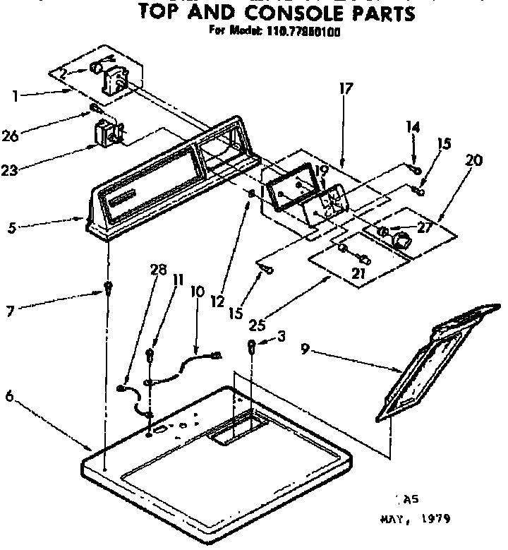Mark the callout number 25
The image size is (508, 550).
click(x=258, y=324)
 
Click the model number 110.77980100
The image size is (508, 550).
click(x=296, y=31)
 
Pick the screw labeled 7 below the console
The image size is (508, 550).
click(x=108, y=287)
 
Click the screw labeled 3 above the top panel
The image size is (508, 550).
click(x=250, y=346)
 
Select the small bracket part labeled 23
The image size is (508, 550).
click(x=108, y=134)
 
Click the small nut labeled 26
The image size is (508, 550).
click(x=93, y=108)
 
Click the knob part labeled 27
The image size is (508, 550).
click(x=401, y=240)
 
